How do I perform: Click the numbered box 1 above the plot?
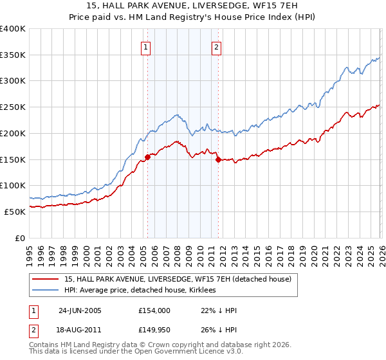tap(147, 47)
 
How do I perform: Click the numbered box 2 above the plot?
tap(217, 47)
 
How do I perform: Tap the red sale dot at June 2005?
tap(147, 156)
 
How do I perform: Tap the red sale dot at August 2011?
tap(217, 159)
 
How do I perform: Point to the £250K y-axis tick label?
tap(13, 107)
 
